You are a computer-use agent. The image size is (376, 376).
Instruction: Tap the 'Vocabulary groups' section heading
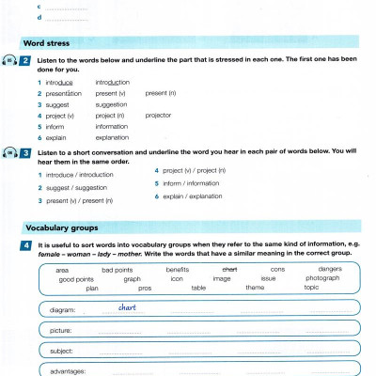coord(61,228)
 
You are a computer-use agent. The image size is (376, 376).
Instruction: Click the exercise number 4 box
coord(30,246)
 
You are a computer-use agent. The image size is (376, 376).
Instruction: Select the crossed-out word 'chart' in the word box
coord(229,270)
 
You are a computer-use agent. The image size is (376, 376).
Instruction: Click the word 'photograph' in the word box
coord(322,278)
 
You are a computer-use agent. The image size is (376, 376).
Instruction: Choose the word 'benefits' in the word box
coord(178,270)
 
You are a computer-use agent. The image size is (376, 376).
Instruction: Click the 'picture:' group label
coord(61,330)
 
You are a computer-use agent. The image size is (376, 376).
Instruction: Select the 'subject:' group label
coord(61,351)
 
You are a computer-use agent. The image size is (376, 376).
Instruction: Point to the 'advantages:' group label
coord(68,370)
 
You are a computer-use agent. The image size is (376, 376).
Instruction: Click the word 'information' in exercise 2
coord(112,126)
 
